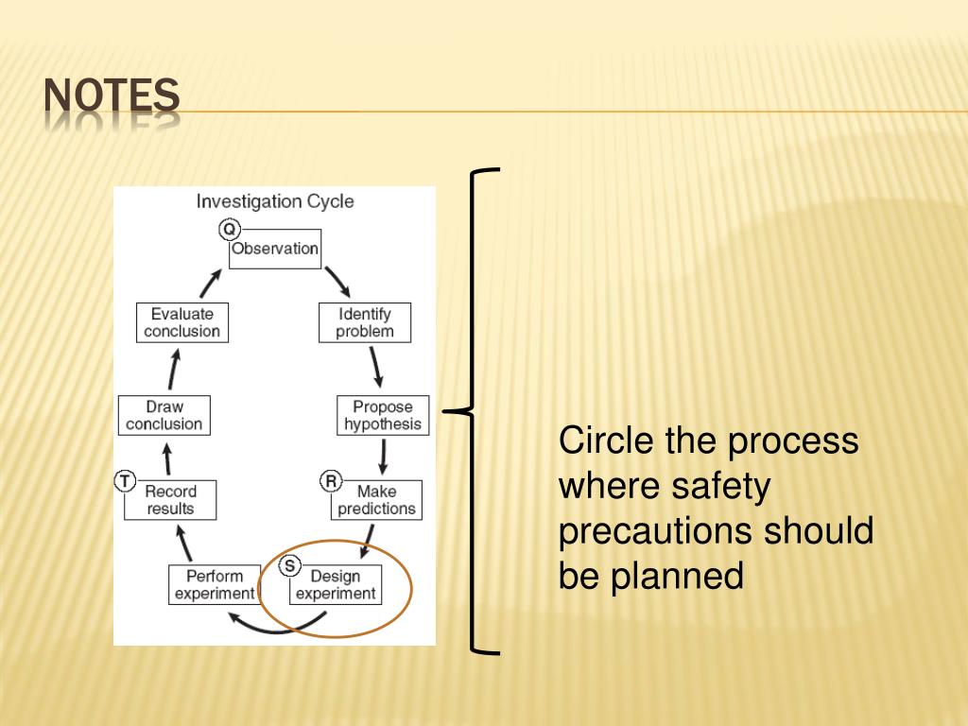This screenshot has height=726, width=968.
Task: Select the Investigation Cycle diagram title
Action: (275, 201)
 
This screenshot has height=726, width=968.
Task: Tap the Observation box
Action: (275, 250)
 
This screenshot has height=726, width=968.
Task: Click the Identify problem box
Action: (365, 322)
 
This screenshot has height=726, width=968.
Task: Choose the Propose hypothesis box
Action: (383, 416)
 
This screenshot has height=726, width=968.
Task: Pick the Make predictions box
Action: (375, 500)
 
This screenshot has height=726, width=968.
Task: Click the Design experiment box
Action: (336, 585)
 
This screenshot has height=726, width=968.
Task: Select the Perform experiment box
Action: (215, 585)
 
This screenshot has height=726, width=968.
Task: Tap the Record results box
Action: (170, 500)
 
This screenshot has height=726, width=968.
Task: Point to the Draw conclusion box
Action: (164, 416)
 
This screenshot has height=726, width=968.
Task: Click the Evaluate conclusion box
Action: (181, 322)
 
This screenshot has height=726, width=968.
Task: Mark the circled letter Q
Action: (230, 229)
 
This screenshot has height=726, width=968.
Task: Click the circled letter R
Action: (331, 481)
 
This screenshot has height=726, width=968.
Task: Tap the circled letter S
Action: (290, 566)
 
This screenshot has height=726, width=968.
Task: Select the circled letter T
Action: (125, 481)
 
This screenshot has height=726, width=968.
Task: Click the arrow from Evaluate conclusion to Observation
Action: (212, 282)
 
